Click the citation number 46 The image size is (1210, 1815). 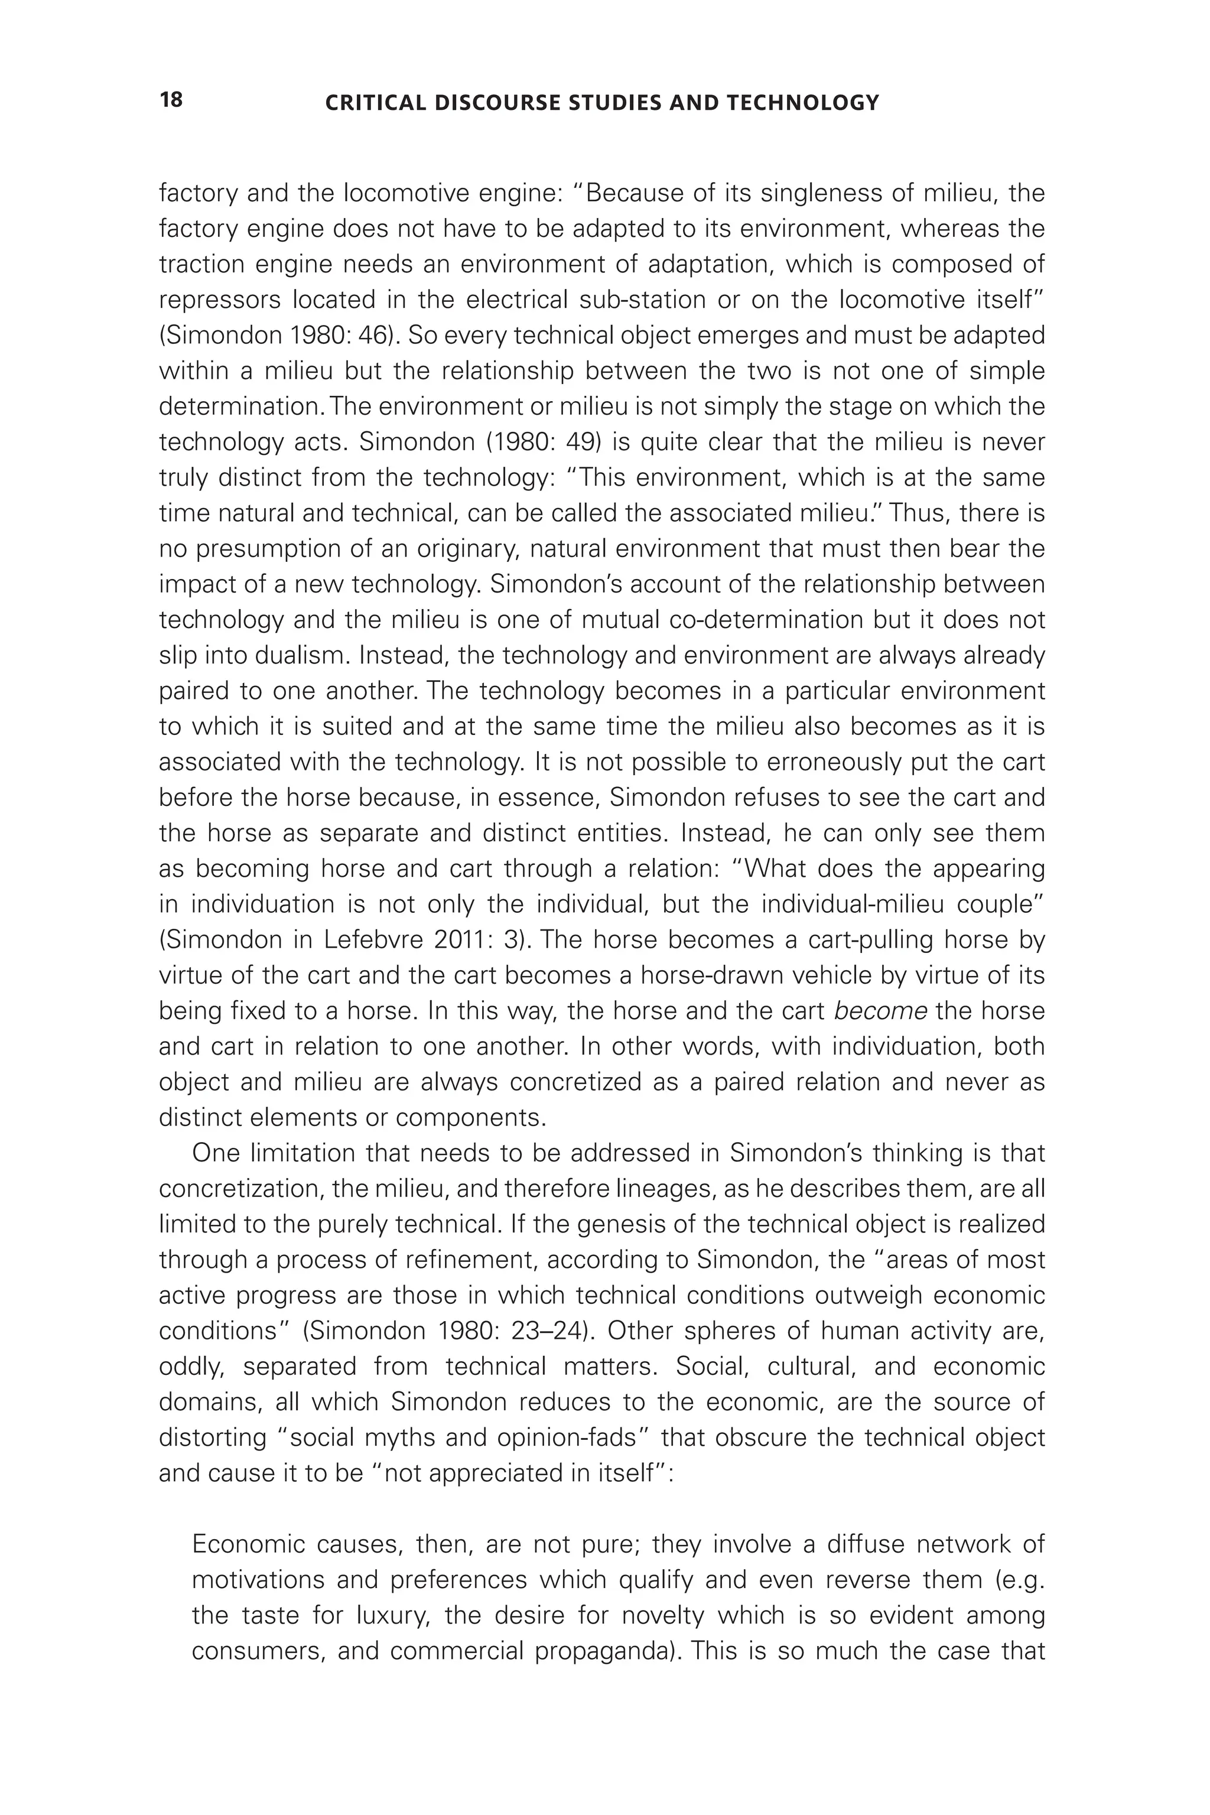tap(375, 335)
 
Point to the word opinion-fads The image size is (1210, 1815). tap(567, 1437)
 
